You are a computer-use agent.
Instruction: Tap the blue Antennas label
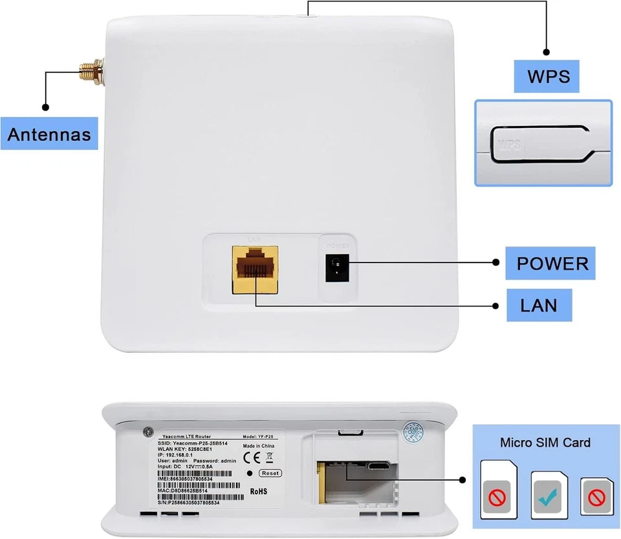[49, 135]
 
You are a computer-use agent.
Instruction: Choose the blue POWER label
[552, 263]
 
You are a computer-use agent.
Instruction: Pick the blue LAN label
[538, 304]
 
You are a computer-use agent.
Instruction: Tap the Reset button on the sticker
[270, 473]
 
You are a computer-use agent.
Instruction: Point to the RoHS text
[257, 491]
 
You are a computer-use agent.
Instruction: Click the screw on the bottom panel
[149, 432]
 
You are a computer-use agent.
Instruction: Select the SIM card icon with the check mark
[549, 491]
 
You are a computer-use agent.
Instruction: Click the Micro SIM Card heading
[545, 443]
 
